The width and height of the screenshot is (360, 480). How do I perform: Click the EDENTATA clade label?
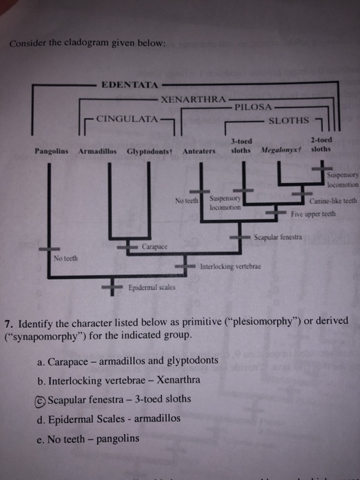click(130, 85)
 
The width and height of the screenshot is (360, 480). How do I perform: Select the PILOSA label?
click(254, 108)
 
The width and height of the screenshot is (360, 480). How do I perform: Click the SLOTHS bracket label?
click(288, 121)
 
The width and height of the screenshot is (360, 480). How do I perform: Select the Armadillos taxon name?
click(99, 151)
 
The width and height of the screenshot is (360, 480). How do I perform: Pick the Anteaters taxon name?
click(200, 151)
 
